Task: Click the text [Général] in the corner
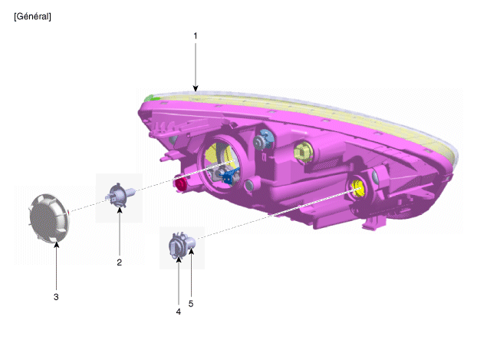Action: pyautogui.click(x=32, y=16)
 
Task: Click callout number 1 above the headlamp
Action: pyautogui.click(x=196, y=36)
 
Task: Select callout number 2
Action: pyautogui.click(x=120, y=263)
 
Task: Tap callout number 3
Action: pyautogui.click(x=56, y=297)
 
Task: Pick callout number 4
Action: pyautogui.click(x=178, y=312)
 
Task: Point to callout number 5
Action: pyautogui.click(x=191, y=304)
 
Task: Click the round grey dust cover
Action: pyautogui.click(x=49, y=218)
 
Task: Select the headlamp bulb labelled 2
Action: pyautogui.click(x=120, y=195)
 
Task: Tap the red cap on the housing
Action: pyautogui.click(x=181, y=184)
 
